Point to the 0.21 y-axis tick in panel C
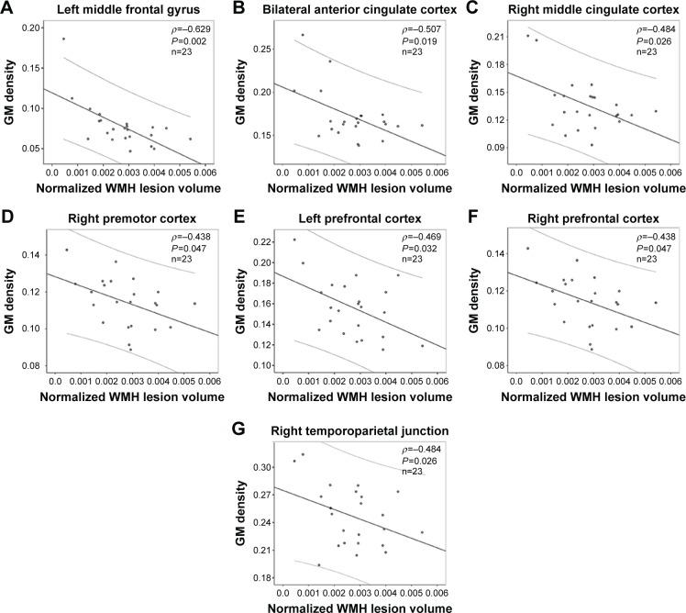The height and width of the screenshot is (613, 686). click(x=493, y=36)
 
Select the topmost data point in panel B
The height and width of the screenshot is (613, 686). click(x=303, y=35)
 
